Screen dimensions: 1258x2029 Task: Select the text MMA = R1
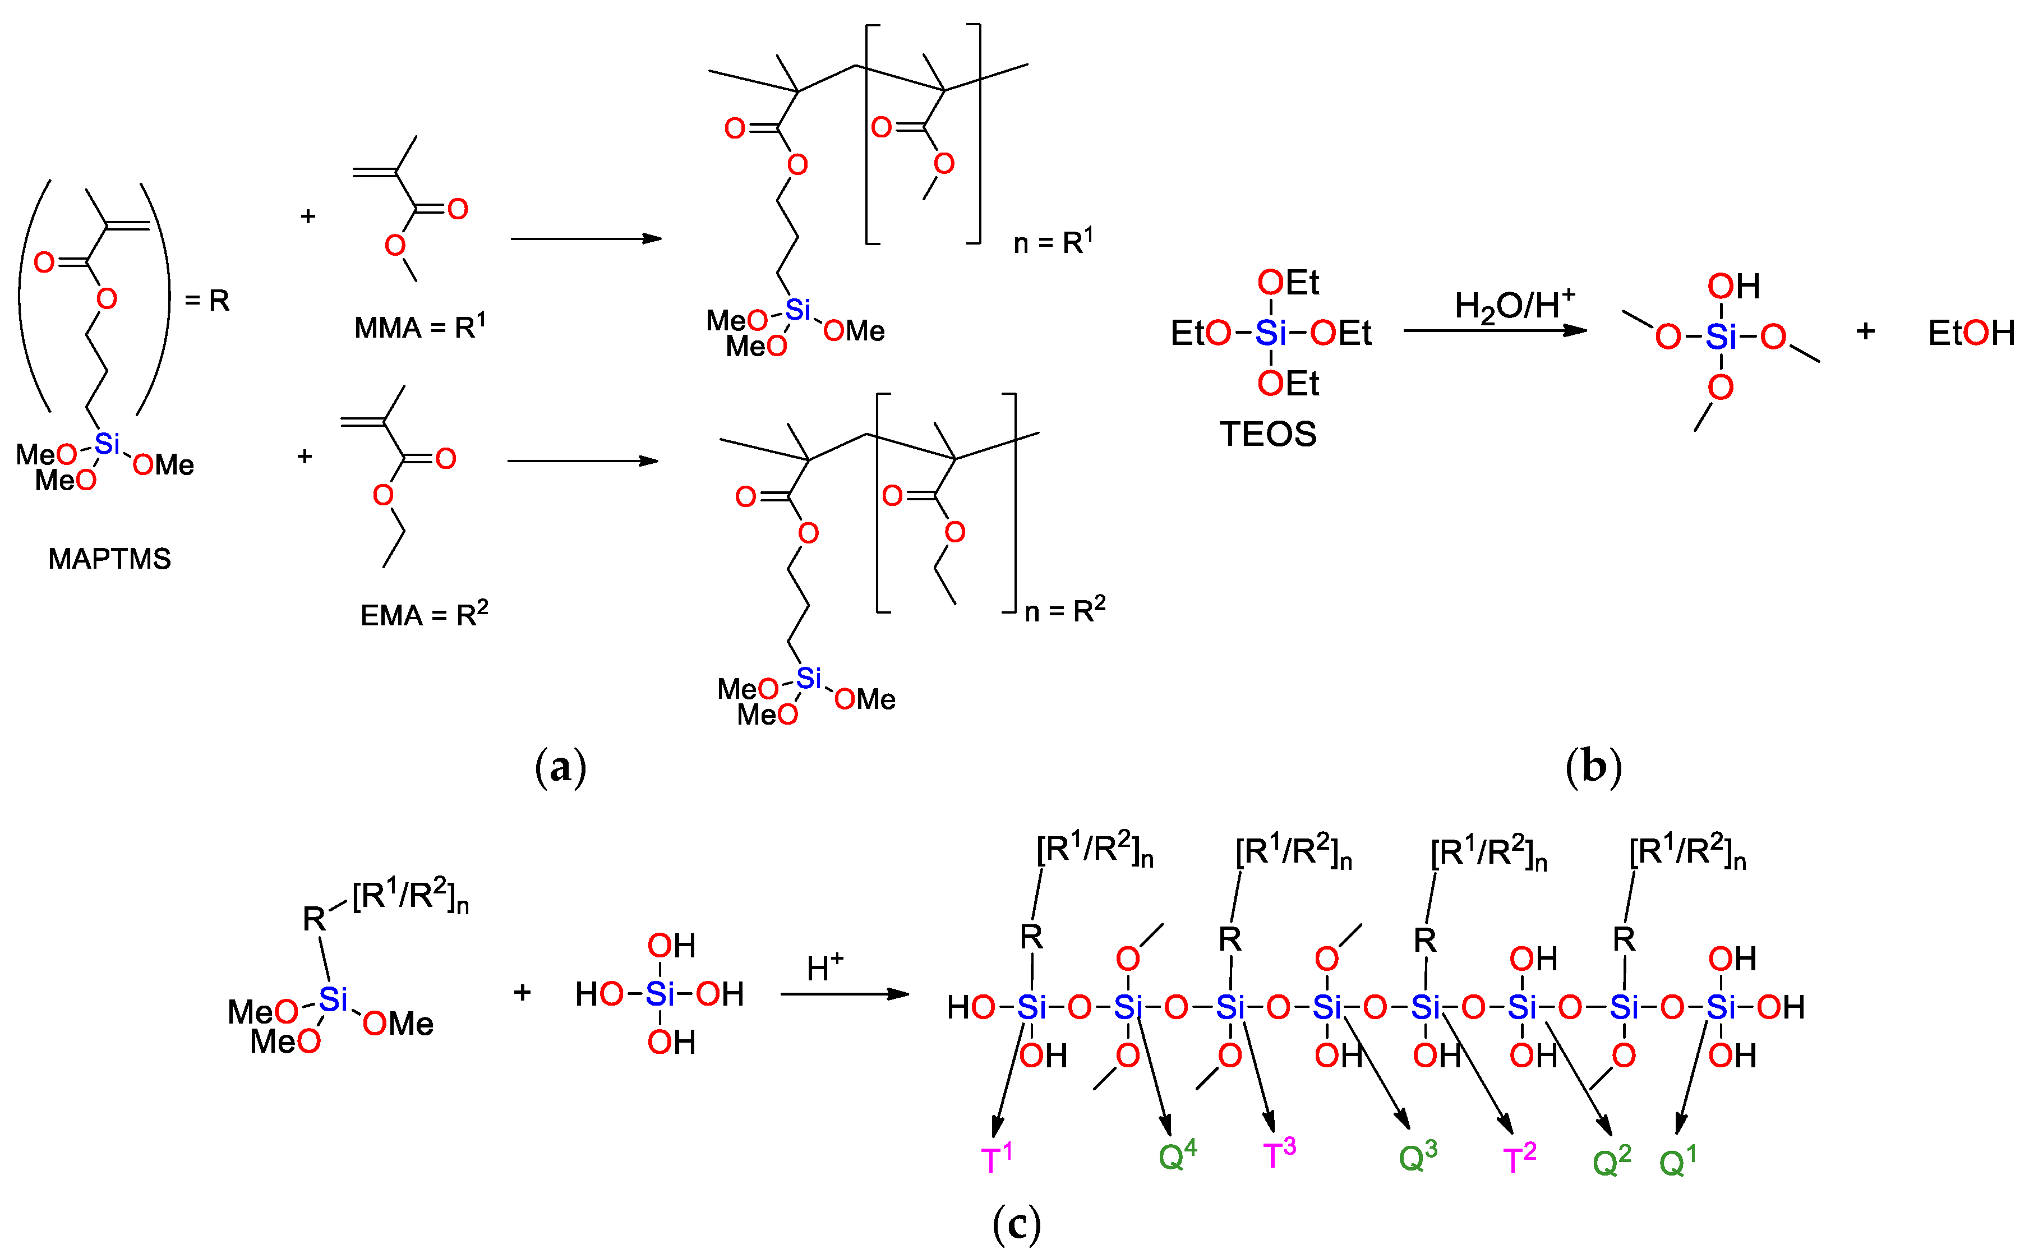(x=419, y=327)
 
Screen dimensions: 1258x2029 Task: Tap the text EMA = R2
(x=423, y=614)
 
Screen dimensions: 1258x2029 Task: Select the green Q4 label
(x=1177, y=1155)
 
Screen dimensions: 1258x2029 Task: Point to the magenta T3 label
(x=1279, y=1155)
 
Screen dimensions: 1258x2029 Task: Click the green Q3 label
(x=1418, y=1156)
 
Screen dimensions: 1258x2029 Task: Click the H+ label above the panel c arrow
(x=824, y=967)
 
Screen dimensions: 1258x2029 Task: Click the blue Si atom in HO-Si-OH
(x=659, y=993)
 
